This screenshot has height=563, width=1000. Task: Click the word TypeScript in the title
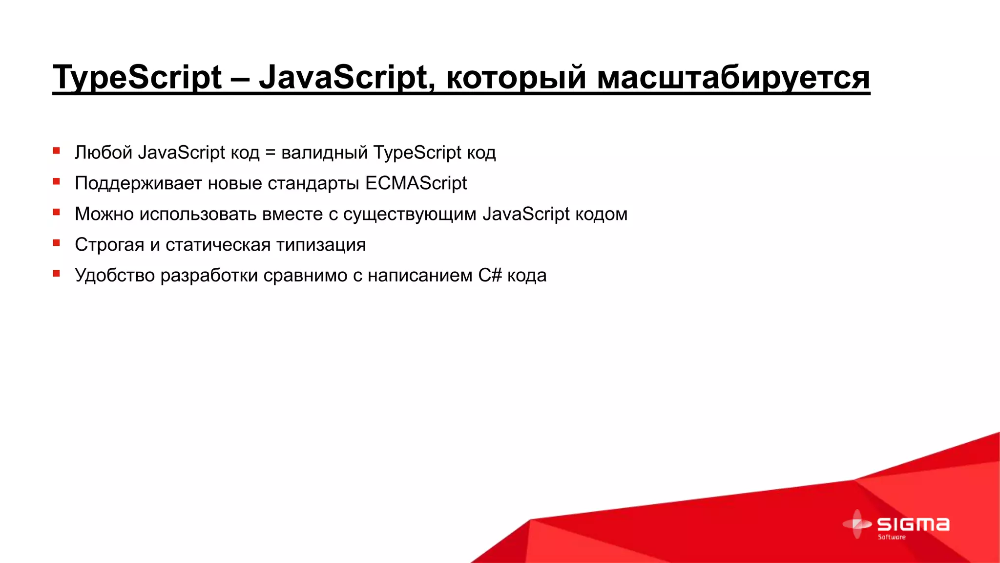[137, 77]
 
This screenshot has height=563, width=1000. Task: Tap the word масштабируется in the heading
[733, 77]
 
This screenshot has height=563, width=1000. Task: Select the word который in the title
[516, 77]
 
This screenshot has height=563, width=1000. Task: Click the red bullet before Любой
[57, 151]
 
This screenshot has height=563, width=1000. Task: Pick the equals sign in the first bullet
[270, 153]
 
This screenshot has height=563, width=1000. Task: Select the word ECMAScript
[416, 183]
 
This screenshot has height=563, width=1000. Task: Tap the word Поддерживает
[138, 184]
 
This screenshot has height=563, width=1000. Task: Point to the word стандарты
[313, 184]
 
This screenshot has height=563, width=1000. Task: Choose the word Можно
[104, 214]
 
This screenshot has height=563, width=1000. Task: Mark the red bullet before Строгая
[57, 243]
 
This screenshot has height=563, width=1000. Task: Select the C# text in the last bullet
[490, 275]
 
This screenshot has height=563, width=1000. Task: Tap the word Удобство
[115, 276]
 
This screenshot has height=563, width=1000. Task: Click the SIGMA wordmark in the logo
[913, 524]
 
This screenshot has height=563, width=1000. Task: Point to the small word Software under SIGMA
[892, 537]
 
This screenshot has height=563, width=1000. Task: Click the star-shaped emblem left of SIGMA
[857, 524]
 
